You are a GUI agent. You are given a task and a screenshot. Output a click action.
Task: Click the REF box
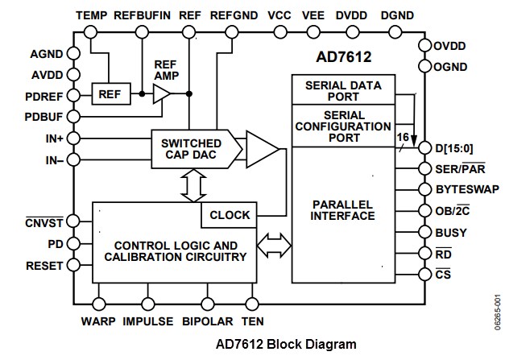pos(109,95)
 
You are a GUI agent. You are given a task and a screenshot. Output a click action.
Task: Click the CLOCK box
pos(230,215)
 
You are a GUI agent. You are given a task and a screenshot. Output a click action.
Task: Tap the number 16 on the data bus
pos(401,138)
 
